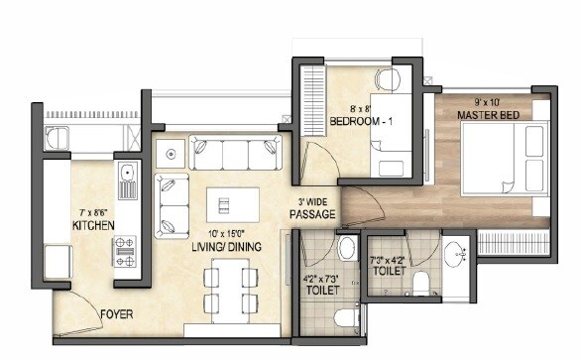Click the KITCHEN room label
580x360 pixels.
pos(94,226)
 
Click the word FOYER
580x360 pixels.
pos(118,316)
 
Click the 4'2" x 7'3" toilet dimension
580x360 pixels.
pos(321,279)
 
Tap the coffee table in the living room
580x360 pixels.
pos(233,204)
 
